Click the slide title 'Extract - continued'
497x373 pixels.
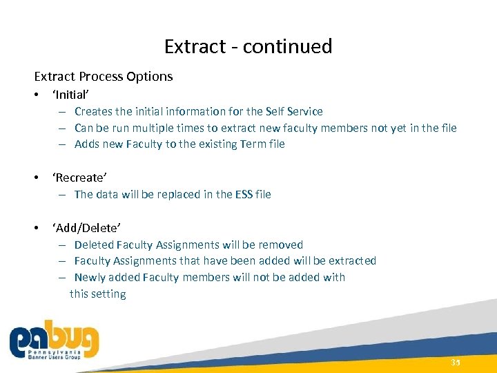pyautogui.click(x=248, y=46)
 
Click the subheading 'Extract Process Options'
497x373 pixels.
pyautogui.click(x=104, y=76)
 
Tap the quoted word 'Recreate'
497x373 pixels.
pyautogui.click(x=79, y=177)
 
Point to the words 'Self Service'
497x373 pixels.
pyautogui.click(x=295, y=111)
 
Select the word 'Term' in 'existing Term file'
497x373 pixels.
pyautogui.click(x=248, y=144)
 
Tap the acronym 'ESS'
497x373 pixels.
pyautogui.click(x=244, y=194)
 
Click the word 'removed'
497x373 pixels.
pyautogui.click(x=281, y=245)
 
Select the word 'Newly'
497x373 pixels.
pyautogui.click(x=90, y=278)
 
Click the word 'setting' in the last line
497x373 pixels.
pyautogui.click(x=109, y=294)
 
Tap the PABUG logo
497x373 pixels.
pyautogui.click(x=54, y=341)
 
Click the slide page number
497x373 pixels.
pyautogui.click(x=455, y=363)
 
